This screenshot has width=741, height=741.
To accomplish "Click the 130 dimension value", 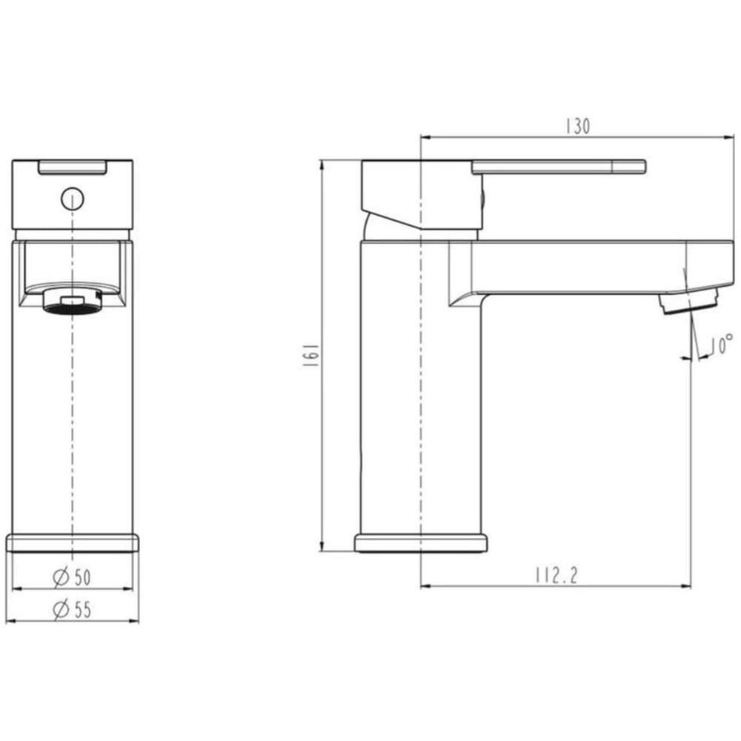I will point(577,127).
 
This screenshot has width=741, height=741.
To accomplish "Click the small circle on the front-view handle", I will point(72,199).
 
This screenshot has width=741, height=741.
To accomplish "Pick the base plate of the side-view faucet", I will point(421,543).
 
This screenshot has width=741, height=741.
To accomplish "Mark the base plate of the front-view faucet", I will point(73,542).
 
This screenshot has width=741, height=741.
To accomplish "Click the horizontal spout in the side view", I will point(585,267).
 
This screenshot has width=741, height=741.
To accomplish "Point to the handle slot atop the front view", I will point(72,167).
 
